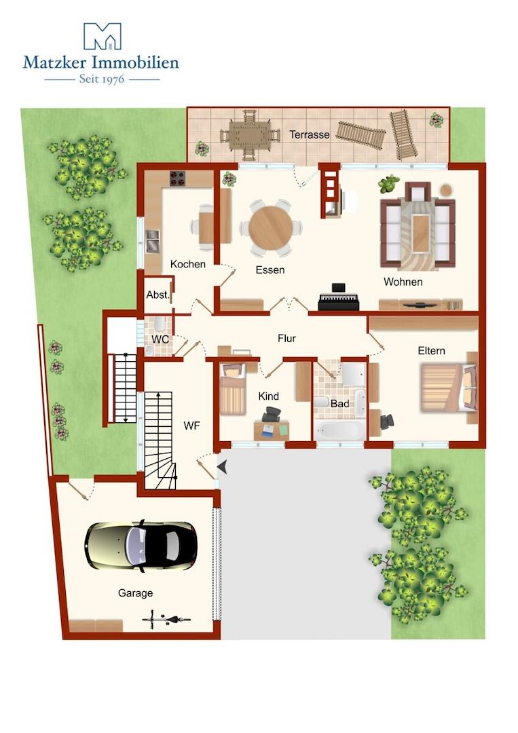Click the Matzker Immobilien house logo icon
tap(102, 36)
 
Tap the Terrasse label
tap(310, 134)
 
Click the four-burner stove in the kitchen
tap(177, 178)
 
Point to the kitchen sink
tap(152, 241)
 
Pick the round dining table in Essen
tap(271, 228)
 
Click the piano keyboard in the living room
tap(339, 299)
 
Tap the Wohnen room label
tap(403, 282)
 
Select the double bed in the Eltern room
tap(448, 388)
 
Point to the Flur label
tap(286, 338)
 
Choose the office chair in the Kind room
tap(272, 414)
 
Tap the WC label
tap(160, 339)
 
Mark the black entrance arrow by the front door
tap(222, 466)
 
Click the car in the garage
tap(141, 546)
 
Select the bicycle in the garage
tap(166, 620)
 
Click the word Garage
tap(135, 593)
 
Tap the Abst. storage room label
tap(158, 295)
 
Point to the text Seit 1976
tap(102, 79)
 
